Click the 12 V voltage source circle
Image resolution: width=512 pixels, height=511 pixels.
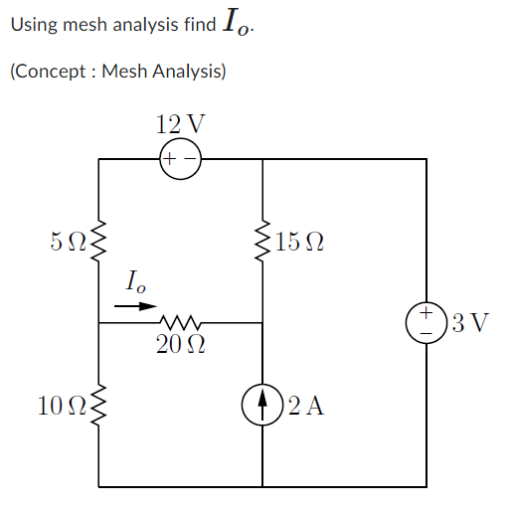[180, 158]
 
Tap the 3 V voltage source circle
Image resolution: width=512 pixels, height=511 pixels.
[426, 322]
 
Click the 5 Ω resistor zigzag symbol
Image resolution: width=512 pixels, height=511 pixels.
[99, 240]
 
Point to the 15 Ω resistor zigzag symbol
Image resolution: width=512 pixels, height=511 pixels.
[262, 240]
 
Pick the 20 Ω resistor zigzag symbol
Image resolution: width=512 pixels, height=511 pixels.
[181, 322]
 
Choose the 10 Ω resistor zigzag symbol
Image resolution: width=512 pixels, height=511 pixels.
[99, 405]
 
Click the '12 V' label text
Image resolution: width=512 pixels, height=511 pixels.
[180, 124]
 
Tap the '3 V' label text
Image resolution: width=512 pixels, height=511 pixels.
[468, 323]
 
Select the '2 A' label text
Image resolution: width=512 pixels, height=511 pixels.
[306, 406]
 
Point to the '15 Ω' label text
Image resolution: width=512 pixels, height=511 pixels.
[301, 241]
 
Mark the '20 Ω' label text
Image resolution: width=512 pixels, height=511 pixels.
[180, 345]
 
